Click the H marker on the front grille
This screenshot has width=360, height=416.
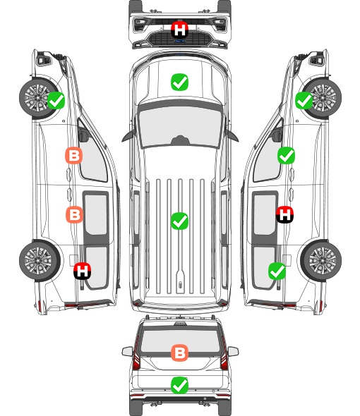pos(179,30)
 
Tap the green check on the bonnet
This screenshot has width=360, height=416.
pos(179,82)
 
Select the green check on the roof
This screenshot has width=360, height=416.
pos(179,221)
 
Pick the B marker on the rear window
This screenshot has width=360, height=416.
pos(179,353)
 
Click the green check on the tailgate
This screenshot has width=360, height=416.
pos(179,385)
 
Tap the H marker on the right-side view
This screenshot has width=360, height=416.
pos(284,214)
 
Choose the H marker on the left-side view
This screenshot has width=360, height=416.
pos(83,271)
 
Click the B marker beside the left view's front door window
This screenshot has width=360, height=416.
pos(74,155)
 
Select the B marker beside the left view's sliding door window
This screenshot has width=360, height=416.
pos(74,214)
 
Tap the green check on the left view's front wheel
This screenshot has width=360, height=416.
pos(56,100)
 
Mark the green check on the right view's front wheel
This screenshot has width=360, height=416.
pos(304,101)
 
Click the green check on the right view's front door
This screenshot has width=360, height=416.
pos(286,155)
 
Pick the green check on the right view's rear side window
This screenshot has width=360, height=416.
pos(277,271)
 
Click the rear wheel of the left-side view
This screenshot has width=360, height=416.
pos(40,261)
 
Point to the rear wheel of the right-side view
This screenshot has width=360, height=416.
pos(321,261)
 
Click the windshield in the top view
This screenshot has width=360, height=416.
pos(180,126)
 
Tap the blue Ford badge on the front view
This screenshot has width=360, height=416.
pos(179,41)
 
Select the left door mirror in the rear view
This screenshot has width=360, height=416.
pos(127,352)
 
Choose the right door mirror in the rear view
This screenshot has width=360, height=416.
pos(233,352)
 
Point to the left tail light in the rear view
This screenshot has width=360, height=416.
pos(136,354)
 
